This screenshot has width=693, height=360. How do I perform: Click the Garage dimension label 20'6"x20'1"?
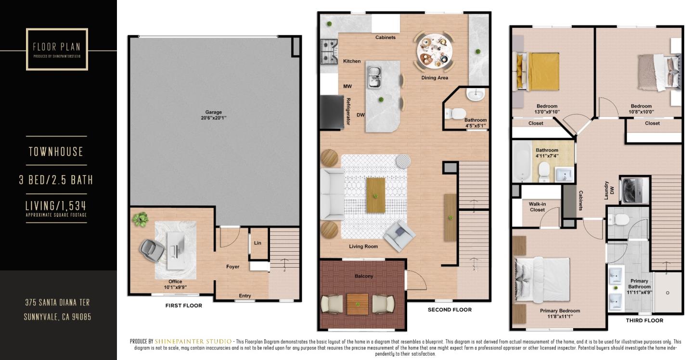point(214,118)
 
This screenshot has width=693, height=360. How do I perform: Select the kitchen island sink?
point(375,77)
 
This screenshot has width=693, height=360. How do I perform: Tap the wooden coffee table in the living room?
point(375,195)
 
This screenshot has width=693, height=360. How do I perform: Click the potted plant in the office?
point(140,219)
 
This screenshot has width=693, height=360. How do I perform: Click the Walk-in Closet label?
point(537,207)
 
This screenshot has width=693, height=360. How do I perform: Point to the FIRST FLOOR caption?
point(183,306)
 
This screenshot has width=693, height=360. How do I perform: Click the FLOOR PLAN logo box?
point(57,49)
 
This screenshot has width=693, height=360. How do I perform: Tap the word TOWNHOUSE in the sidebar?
point(56,152)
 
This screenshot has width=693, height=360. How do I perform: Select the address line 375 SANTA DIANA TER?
point(57,303)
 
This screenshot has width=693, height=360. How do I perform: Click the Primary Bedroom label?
point(559,311)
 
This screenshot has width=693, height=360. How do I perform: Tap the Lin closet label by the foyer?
point(257,243)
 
